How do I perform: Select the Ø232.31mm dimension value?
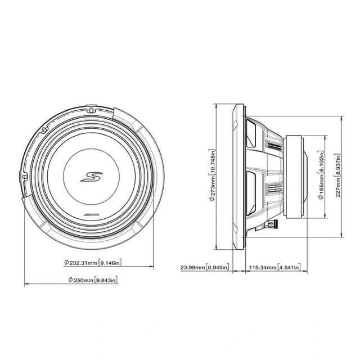80,262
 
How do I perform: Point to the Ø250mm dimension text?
80,280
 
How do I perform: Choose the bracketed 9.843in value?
106,280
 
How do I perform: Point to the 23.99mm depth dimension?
193,268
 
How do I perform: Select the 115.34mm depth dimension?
264,268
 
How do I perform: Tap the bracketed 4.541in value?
289,268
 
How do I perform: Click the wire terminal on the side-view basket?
272,224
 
